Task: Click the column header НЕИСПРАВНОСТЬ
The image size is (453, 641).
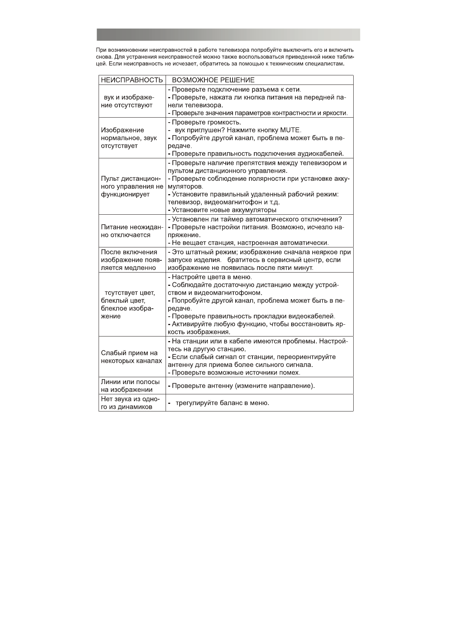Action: point(132,80)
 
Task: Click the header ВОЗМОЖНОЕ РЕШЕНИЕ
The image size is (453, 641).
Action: point(213,80)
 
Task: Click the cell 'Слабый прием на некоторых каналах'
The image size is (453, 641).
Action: point(132,357)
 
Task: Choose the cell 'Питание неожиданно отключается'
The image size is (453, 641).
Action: point(132,231)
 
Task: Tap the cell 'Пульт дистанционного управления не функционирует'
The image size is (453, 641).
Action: point(132,187)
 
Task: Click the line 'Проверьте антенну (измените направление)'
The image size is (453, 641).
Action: point(243,386)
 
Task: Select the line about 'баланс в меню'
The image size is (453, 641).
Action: point(222,403)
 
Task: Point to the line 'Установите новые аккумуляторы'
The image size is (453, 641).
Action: point(224,210)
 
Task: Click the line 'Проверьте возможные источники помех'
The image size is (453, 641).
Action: point(236,373)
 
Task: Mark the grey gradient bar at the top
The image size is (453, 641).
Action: point(228,35)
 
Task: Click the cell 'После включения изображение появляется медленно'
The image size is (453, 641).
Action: point(132,260)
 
